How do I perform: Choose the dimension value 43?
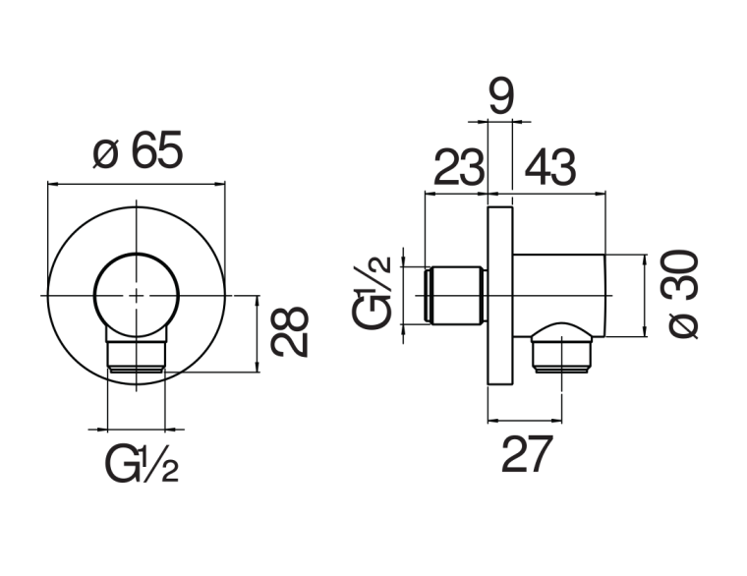click(x=550, y=168)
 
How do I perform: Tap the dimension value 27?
click(x=527, y=455)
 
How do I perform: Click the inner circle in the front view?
click(x=138, y=294)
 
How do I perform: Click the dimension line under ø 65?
click(x=139, y=184)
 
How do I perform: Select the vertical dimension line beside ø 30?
click(x=645, y=295)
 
